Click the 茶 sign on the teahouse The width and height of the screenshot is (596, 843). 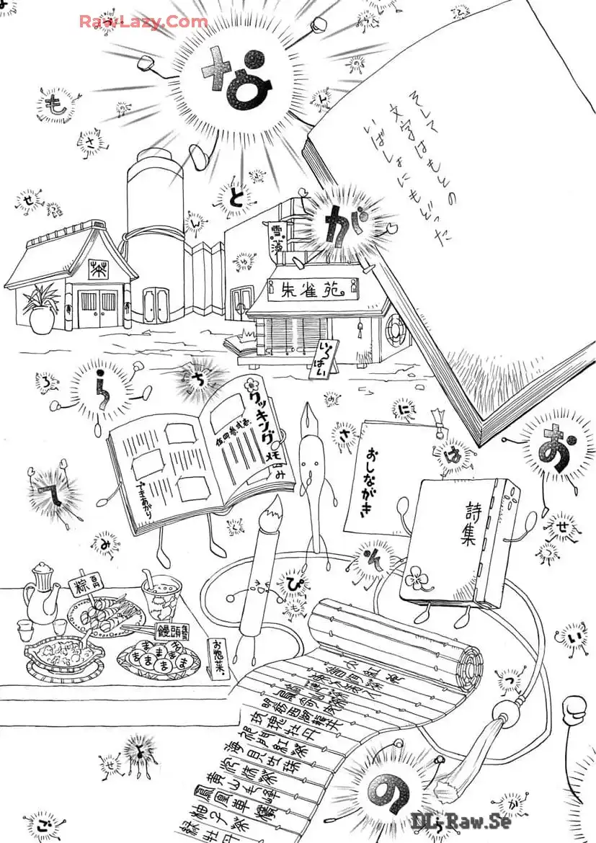pyautogui.click(x=97, y=269)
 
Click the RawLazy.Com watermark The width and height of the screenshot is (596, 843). pyautogui.click(x=143, y=22)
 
